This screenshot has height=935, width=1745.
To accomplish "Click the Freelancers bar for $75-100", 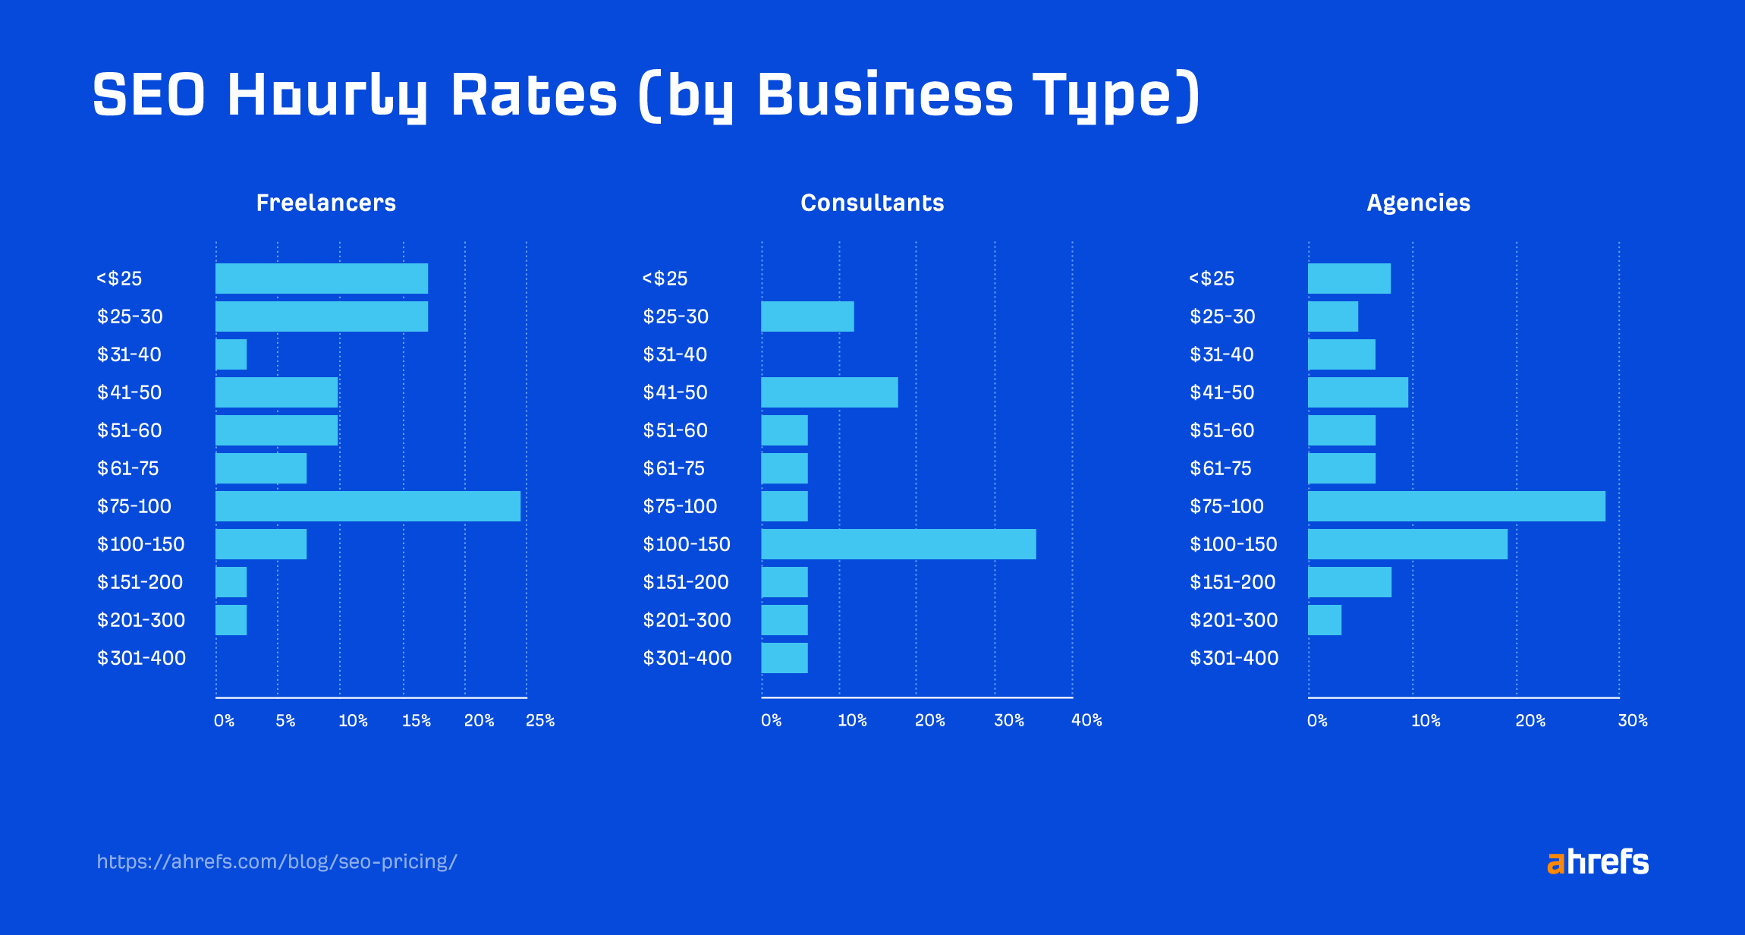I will pyautogui.click(x=368, y=506).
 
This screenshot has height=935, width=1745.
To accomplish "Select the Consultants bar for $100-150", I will pyautogui.click(x=898, y=544).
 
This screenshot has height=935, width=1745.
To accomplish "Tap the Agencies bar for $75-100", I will pyautogui.click(x=1456, y=506).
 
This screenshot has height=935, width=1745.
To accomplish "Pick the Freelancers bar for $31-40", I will pyautogui.click(x=231, y=354).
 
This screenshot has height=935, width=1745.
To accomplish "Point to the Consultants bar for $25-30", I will pyautogui.click(x=807, y=316).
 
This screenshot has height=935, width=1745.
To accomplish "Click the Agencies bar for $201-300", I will pyautogui.click(x=1324, y=620).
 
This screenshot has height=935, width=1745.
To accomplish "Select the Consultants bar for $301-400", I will pyautogui.click(x=784, y=658).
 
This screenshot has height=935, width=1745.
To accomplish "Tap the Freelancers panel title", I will pyautogui.click(x=325, y=203).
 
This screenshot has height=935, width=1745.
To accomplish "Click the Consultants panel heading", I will pyautogui.click(x=872, y=203).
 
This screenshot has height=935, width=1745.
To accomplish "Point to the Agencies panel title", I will pyautogui.click(x=1418, y=203).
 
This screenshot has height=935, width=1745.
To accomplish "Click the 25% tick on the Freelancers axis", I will pyautogui.click(x=539, y=720).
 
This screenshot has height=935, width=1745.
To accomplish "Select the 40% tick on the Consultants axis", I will pyautogui.click(x=1086, y=720).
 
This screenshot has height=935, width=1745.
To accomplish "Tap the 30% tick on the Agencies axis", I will pyautogui.click(x=1632, y=720).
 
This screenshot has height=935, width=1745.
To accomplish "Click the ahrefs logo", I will pyautogui.click(x=1597, y=862).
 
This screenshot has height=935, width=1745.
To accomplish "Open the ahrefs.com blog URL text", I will pyautogui.click(x=277, y=862).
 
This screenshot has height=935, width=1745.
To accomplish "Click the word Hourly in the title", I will pyautogui.click(x=326, y=96).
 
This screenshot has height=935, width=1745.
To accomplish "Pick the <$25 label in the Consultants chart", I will pyautogui.click(x=665, y=279).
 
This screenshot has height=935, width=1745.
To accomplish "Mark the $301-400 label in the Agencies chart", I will pyautogui.click(x=1234, y=658).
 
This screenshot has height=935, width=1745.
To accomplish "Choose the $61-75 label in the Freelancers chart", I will pyautogui.click(x=127, y=468).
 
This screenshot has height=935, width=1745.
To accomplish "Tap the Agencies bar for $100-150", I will pyautogui.click(x=1407, y=544).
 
